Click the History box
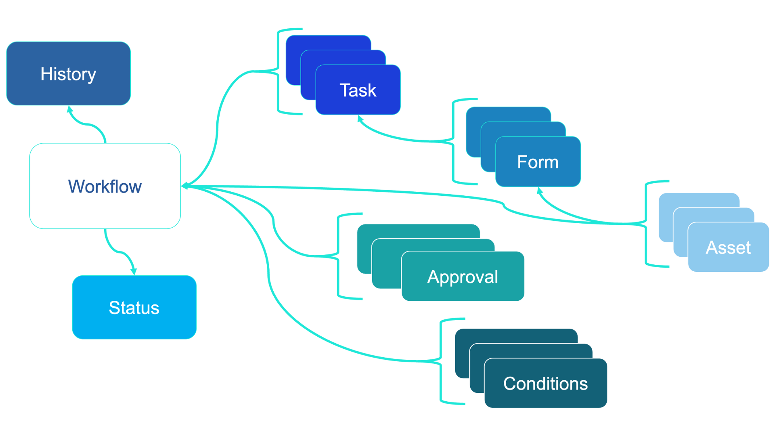(x=68, y=73)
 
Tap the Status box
(x=134, y=307)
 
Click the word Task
(x=358, y=90)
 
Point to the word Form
(x=538, y=162)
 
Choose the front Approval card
(x=463, y=277)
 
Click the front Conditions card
(x=545, y=383)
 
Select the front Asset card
(x=728, y=247)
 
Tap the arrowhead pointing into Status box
(x=134, y=272)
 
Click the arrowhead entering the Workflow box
(x=185, y=186)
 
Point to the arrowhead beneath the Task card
(x=360, y=118)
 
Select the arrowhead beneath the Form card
(x=539, y=190)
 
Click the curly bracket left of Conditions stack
(x=441, y=361)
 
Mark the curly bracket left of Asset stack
(x=646, y=223)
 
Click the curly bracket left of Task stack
(x=278, y=71)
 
